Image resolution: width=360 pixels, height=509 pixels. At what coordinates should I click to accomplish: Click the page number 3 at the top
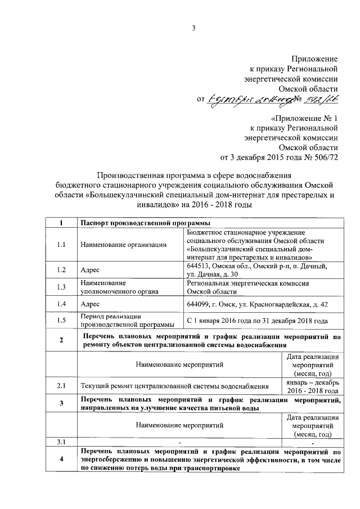193,30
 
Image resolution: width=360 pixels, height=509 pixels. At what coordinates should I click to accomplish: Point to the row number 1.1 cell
61,244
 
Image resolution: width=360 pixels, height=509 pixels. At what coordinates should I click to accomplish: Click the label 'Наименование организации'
123,244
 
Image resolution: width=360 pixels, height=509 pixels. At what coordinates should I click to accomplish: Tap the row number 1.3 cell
61,287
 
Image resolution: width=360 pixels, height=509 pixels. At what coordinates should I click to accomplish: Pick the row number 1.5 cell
61,321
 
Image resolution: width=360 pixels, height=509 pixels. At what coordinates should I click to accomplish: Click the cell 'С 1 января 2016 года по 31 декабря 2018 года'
257,321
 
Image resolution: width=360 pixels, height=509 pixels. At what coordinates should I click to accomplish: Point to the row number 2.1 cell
61,386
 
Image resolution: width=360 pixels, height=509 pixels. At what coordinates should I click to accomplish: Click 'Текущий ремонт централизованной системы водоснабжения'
175,386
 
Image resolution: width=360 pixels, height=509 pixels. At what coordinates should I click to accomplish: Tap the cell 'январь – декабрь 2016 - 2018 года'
311,386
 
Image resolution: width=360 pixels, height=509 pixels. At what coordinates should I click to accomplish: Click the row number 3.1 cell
61,442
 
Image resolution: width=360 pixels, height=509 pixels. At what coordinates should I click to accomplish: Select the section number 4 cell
61,460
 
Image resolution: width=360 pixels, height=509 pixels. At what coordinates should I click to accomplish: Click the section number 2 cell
61,341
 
